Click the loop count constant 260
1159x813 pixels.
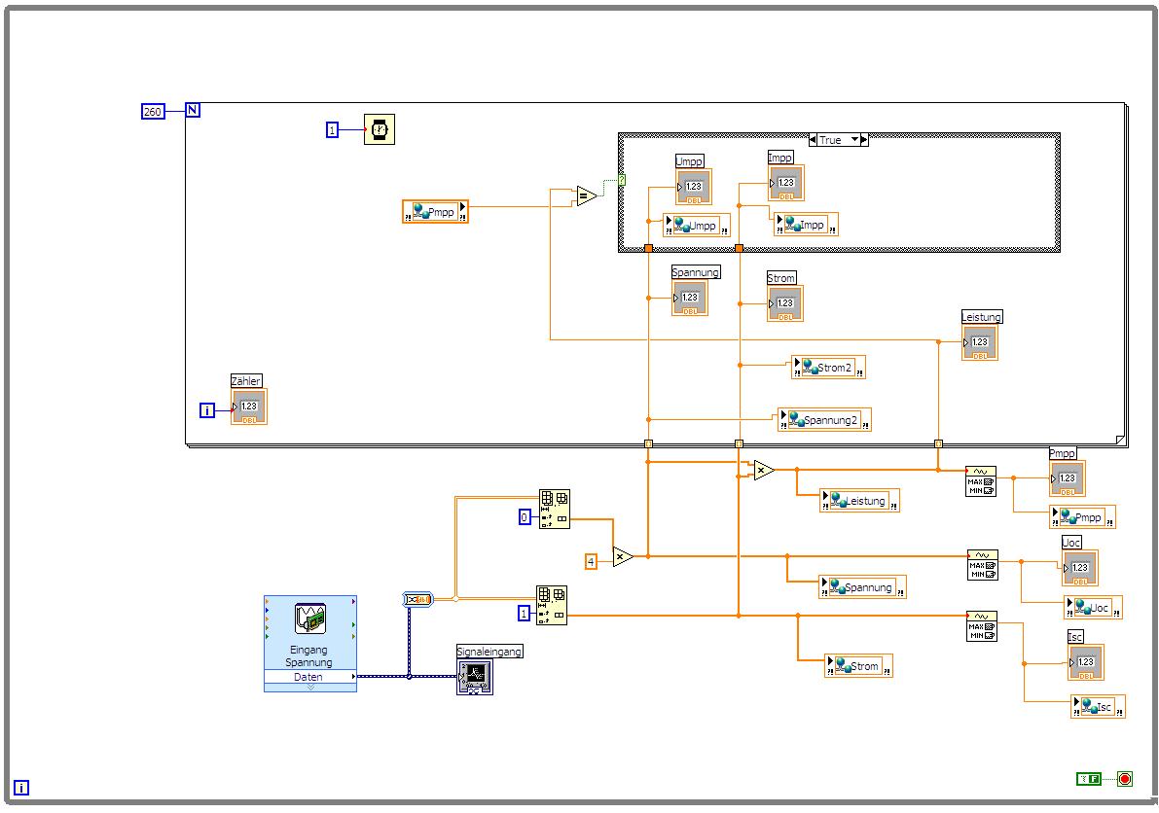click(153, 112)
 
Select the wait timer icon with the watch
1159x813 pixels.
click(380, 129)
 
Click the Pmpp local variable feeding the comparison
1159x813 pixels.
click(435, 212)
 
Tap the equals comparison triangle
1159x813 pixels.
click(586, 196)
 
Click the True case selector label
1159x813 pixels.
click(838, 140)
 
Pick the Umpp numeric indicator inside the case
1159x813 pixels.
click(693, 187)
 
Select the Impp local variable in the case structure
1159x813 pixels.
click(806, 225)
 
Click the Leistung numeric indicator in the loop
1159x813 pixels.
click(979, 342)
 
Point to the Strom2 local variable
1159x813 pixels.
click(828, 368)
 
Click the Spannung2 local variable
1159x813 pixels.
click(824, 420)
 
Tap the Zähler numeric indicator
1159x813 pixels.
click(248, 406)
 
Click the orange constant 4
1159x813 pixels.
click(591, 561)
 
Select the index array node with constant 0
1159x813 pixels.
click(555, 510)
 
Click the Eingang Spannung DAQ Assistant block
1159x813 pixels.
click(310, 643)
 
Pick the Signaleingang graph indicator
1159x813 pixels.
click(475, 677)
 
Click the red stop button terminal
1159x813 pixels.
click(1125, 779)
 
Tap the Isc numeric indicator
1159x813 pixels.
click(1085, 662)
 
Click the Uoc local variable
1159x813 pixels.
click(1093, 608)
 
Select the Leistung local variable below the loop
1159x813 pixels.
click(859, 501)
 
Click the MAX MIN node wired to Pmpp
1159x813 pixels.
click(981, 480)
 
